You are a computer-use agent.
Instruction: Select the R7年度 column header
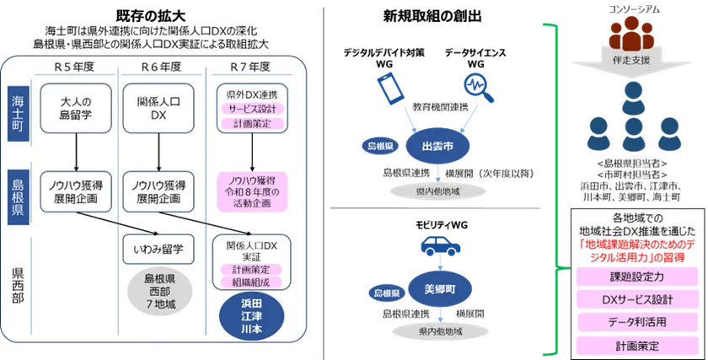tap(250, 65)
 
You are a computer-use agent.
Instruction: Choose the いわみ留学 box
tap(159, 250)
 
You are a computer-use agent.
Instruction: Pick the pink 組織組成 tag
tap(251, 282)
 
